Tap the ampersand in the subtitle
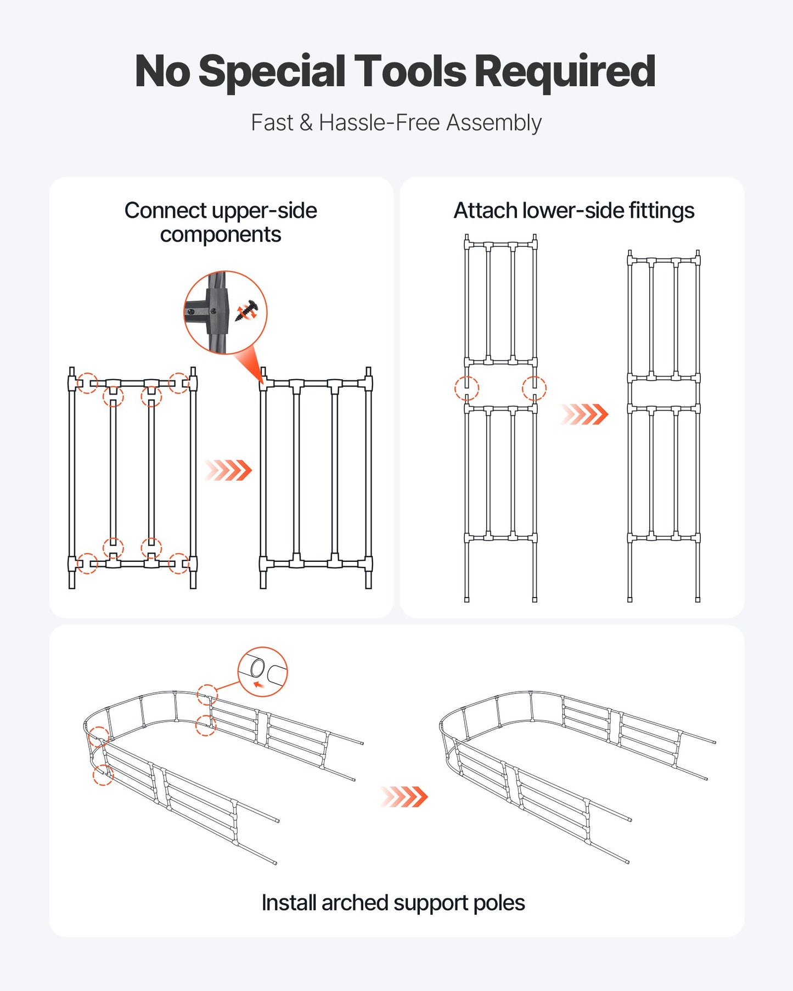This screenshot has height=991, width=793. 306,123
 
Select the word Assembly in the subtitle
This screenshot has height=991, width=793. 493,123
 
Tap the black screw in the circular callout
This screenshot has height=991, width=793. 247,311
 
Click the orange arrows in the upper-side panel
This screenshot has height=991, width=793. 228,470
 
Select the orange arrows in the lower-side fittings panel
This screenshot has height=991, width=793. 584,414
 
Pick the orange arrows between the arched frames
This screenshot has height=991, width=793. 404,796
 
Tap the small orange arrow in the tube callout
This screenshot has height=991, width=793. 258,684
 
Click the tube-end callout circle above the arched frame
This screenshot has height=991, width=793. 262,672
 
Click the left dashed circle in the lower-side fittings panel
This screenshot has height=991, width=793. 466,388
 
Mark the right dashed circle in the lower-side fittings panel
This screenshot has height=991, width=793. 534,388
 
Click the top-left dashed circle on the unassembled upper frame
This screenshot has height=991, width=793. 87,383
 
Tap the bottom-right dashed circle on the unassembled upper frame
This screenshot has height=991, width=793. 178,564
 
